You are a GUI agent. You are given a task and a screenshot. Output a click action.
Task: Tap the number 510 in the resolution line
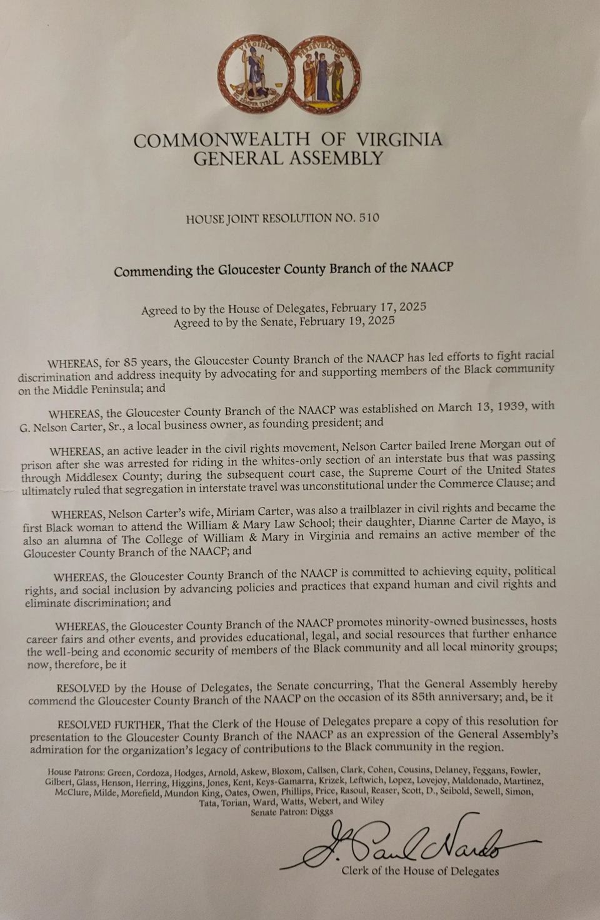pyautogui.click(x=369, y=218)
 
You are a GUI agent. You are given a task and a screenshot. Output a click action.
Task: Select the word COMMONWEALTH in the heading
pyautogui.click(x=221, y=140)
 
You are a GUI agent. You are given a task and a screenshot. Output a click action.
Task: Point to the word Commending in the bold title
pyautogui.click(x=153, y=271)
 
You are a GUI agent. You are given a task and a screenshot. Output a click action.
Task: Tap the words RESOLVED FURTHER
pyautogui.click(x=111, y=724)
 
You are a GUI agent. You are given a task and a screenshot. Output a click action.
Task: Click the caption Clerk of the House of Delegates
pyautogui.click(x=420, y=871)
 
